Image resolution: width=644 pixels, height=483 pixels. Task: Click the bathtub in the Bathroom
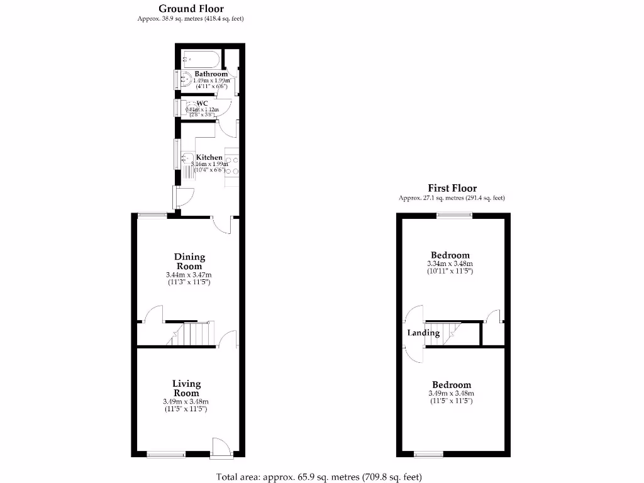(x=200, y=60)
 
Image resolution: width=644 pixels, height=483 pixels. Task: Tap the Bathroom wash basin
(x=186, y=80)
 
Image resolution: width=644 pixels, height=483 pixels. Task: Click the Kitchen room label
(x=209, y=157)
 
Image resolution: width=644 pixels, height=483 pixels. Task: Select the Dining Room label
(x=190, y=261)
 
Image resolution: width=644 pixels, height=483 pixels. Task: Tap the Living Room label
(x=187, y=387)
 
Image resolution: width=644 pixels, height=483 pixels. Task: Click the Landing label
(x=423, y=333)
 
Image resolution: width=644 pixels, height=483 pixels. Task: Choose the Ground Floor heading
(x=191, y=9)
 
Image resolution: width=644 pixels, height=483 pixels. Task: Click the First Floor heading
(x=452, y=188)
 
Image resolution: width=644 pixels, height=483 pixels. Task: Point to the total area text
(x=318, y=477)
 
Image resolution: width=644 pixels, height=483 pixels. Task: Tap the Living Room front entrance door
(x=222, y=448)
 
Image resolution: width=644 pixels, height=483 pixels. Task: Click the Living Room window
(x=166, y=454)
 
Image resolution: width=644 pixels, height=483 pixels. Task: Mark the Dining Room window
(x=152, y=215)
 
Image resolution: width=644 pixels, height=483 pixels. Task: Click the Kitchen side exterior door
(x=184, y=198)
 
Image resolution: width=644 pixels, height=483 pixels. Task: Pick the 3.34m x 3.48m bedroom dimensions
(x=449, y=264)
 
